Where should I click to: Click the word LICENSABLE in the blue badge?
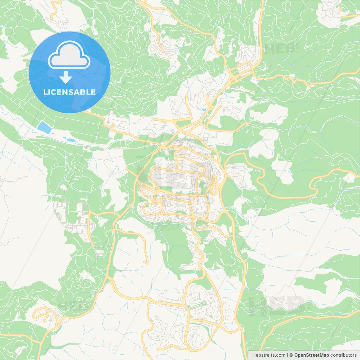click(x=69, y=92)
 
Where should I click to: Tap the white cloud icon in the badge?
click(x=69, y=55)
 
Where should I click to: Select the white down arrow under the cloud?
click(x=66, y=77)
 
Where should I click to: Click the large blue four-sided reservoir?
click(x=44, y=127)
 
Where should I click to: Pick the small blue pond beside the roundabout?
click(x=204, y=110)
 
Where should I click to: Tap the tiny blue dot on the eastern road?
click(x=294, y=76)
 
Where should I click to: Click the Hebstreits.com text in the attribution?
click(x=269, y=355)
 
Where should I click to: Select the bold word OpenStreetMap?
click(x=311, y=355)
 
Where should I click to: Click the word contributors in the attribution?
click(x=343, y=355)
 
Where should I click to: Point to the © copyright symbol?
click(x=291, y=355)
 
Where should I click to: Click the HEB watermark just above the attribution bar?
click(x=277, y=305)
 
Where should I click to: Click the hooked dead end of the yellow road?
click(x=146, y=263)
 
